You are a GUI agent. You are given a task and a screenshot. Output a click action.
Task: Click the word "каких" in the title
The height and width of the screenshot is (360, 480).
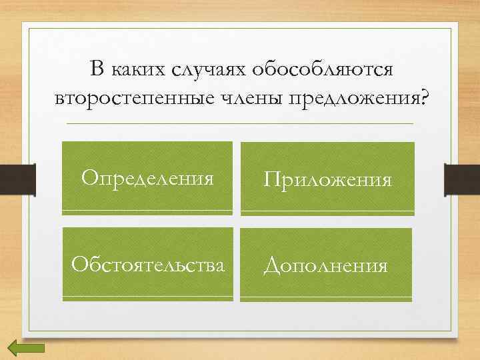137,69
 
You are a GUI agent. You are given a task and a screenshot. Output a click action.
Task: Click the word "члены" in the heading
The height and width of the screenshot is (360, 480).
251,98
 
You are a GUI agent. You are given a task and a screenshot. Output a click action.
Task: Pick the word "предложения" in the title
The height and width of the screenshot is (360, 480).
354,99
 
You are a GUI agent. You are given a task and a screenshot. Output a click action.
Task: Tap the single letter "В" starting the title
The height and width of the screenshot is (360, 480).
97,69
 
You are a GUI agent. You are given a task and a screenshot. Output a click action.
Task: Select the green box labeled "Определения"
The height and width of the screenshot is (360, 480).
147,178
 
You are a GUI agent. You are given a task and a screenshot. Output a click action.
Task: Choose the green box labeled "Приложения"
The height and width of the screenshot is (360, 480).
327,179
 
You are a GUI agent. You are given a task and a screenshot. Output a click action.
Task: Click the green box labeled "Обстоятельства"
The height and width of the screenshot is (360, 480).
148,265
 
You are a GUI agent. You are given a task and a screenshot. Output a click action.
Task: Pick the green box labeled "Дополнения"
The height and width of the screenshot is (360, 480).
326,265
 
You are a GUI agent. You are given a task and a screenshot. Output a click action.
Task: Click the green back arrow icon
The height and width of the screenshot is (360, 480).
26,347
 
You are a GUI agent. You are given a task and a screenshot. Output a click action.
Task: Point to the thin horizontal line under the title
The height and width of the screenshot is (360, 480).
240,124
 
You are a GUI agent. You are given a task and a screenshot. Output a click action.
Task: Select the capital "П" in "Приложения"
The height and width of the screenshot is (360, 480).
271,179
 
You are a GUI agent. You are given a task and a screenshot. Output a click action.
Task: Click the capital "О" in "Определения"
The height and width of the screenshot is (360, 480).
89,178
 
